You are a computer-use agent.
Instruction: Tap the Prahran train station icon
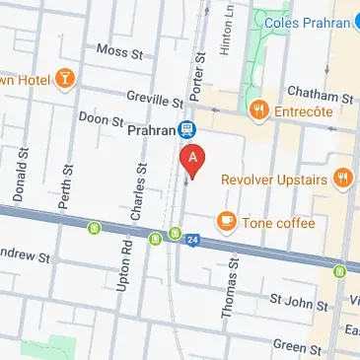186,129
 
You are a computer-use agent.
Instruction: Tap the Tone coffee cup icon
227,221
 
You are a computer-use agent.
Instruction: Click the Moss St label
117,49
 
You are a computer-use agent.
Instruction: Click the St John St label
298,304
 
